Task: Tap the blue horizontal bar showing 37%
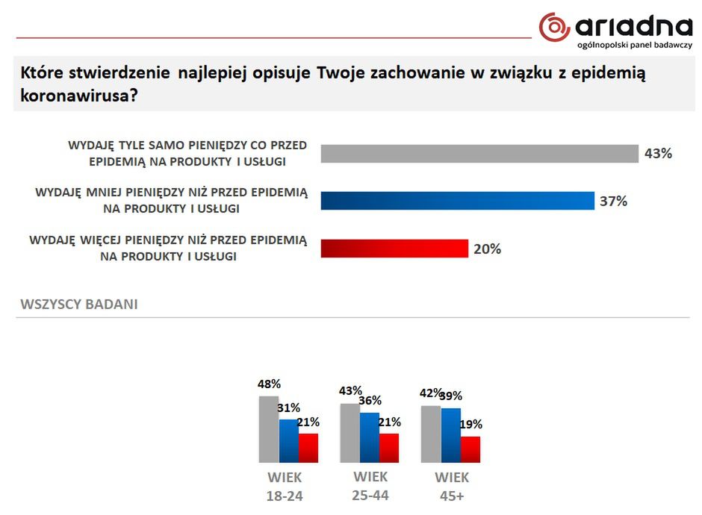coord(457,201)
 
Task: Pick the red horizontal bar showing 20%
coord(394,249)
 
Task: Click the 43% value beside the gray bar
coord(658,154)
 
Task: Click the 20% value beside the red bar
coord(487,249)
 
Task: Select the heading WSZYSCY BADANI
coord(79,305)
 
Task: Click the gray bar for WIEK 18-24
coord(269,429)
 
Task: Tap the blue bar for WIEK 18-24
coord(289,440)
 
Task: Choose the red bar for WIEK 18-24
coord(308,448)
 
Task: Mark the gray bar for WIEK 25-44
coord(350,433)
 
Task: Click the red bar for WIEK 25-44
coord(389,448)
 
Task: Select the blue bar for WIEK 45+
coord(451,435)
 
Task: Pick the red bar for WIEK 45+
coord(470,449)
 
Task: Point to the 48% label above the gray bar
coord(269,384)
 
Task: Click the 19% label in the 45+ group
coord(471,424)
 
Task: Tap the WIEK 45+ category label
coord(452,487)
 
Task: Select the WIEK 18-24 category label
coord(285,487)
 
